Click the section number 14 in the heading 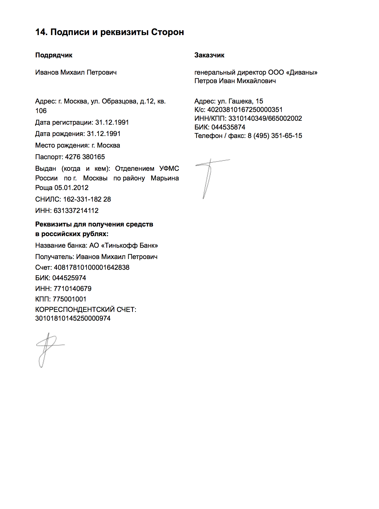pos(41,32)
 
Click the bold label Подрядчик pos(54,55)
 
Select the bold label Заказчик pos(209,55)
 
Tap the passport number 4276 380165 pos(85,157)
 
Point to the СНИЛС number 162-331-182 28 pos(87,199)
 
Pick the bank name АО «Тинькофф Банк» pos(124,245)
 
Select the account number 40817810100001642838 pos(92,268)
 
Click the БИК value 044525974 pos(69,278)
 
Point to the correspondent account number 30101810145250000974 pos(73,318)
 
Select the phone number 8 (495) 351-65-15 pos(275,136)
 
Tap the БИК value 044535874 pos(228,127)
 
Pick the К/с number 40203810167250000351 pos(245,110)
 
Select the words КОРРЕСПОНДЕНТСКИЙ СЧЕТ pos(86,310)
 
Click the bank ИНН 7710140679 pos(72,289)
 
